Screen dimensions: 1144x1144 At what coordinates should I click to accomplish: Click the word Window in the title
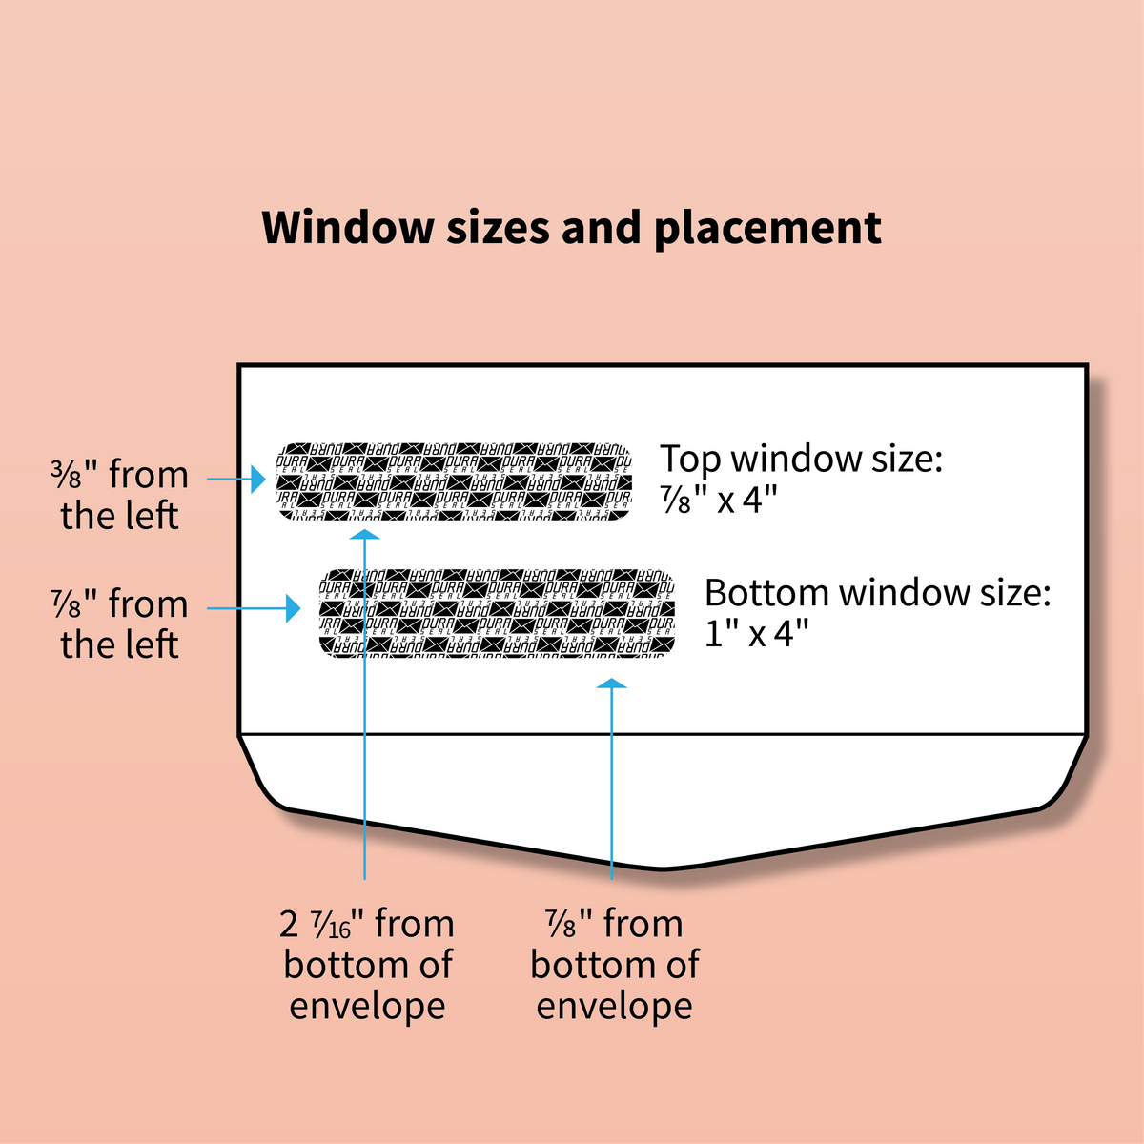pyautogui.click(x=347, y=228)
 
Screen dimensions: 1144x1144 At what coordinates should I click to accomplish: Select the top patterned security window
pyautogui.click(x=455, y=481)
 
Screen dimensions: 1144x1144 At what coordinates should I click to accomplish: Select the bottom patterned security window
pyautogui.click(x=497, y=615)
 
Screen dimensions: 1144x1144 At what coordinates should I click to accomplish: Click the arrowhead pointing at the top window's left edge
pyautogui.click(x=257, y=480)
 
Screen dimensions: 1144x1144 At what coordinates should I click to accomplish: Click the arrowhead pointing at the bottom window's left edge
pyautogui.click(x=294, y=608)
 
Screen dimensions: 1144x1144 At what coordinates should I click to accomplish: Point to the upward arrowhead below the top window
pyautogui.click(x=365, y=535)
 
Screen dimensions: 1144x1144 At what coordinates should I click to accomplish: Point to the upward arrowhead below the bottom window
pyautogui.click(x=611, y=683)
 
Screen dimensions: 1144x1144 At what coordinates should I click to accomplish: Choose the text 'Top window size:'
pyautogui.click(x=801, y=459)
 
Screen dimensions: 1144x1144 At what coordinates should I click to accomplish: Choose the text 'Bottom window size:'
pyautogui.click(x=877, y=593)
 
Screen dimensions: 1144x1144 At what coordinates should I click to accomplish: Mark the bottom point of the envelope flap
pyautogui.click(x=662, y=868)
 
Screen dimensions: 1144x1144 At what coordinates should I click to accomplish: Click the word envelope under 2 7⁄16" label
pyautogui.click(x=367, y=1006)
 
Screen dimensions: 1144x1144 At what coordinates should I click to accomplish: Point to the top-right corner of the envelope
pyautogui.click(x=1086, y=365)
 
